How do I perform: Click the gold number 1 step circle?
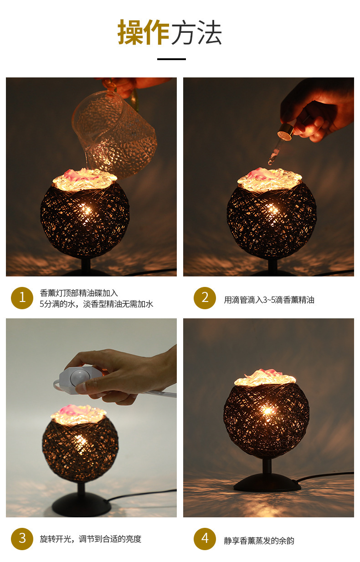[x=22, y=298]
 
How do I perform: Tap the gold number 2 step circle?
[x=205, y=298]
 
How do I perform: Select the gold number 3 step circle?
[x=22, y=539]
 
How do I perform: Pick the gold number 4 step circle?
[x=205, y=539]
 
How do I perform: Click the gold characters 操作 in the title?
[x=144, y=32]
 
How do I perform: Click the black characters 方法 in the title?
[x=196, y=32]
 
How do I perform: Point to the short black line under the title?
[x=171, y=59]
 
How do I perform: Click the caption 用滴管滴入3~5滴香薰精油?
[x=269, y=300]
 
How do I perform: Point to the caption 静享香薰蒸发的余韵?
[x=259, y=541]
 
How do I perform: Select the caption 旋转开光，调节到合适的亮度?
[x=90, y=539]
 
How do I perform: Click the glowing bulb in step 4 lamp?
[x=267, y=411]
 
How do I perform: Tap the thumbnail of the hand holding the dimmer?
[x=92, y=418]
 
